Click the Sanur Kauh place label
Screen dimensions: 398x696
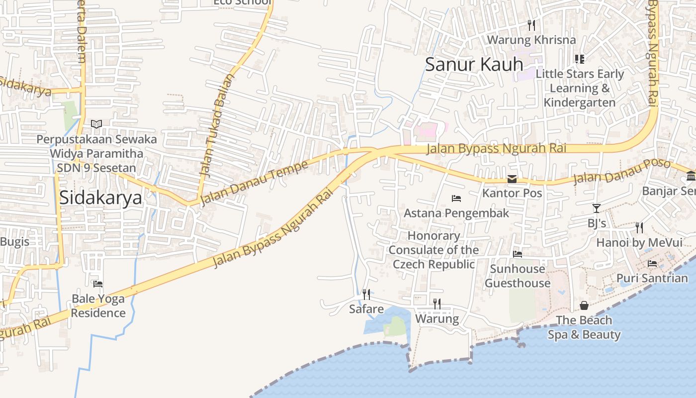coord(474,65)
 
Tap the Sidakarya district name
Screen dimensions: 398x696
coord(100,198)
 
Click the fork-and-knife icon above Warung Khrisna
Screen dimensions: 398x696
coord(531,25)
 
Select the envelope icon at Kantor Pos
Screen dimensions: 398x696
coord(512,179)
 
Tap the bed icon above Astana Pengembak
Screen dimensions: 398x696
coord(456,199)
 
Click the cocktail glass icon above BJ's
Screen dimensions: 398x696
coord(597,208)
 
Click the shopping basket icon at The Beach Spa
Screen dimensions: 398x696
coord(584,305)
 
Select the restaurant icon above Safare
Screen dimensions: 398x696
coord(366,295)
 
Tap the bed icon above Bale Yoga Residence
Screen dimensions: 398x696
coord(98,284)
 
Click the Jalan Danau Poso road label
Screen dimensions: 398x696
coord(621,172)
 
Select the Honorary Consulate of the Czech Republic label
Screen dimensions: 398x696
coord(434,250)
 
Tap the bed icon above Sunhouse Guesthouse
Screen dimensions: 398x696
coord(518,254)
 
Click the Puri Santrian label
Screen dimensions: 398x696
coord(652,278)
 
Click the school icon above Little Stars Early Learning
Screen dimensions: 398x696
coord(579,59)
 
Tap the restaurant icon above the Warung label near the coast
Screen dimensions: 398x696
coord(437,303)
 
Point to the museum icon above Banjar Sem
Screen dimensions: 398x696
coord(691,176)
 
